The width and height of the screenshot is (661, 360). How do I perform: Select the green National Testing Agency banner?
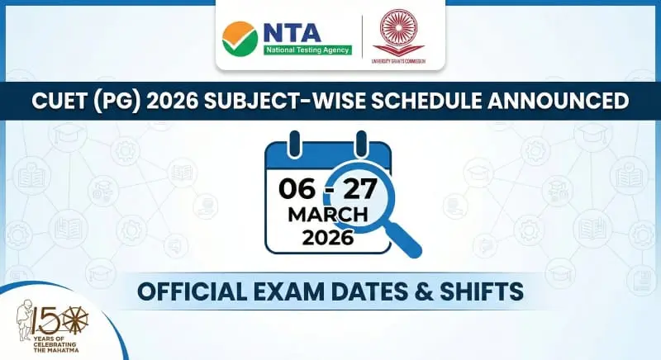point(307,50)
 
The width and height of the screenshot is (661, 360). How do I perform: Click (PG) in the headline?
point(126,102)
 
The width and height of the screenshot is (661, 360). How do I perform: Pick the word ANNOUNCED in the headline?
point(558,102)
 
